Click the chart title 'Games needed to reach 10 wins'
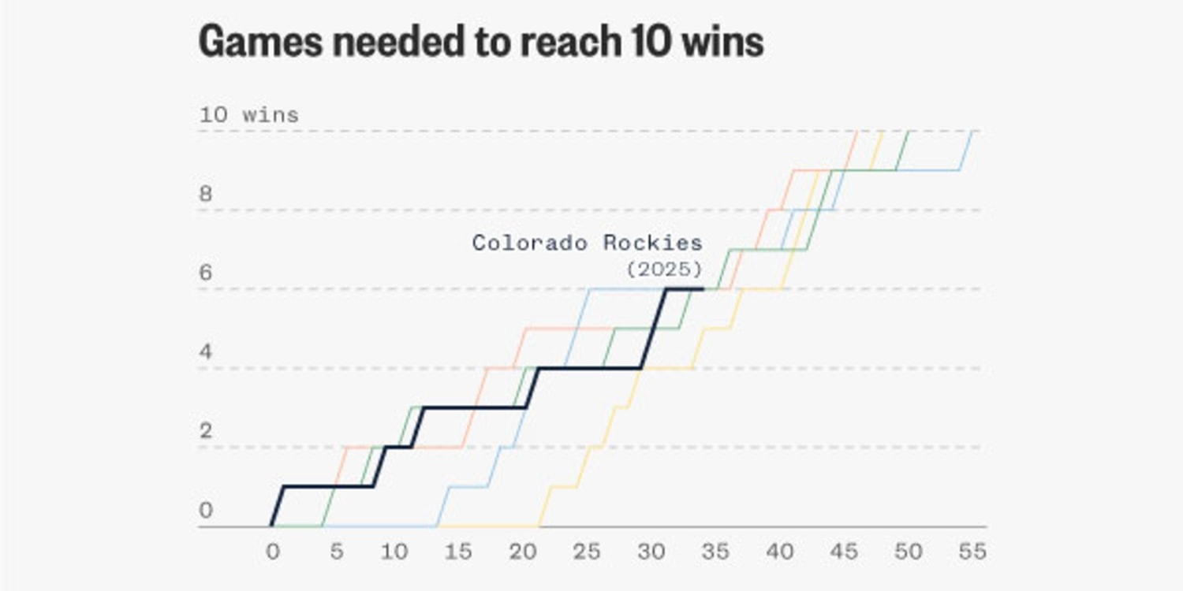pos(481,43)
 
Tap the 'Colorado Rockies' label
pos(587,243)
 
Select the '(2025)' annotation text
pos(664,269)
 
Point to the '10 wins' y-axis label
pos(248,115)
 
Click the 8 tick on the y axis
pos(206,195)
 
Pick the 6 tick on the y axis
pos(206,273)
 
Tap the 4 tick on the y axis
pos(206,352)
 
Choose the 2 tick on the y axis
pos(206,432)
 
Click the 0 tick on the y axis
pos(206,511)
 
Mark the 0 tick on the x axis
pos(272,552)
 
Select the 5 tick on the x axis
pos(336,552)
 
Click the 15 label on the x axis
pos(457,552)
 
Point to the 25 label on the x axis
pos(586,552)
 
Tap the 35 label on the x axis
pos(715,552)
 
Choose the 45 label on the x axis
pos(843,552)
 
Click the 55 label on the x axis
pos(972,552)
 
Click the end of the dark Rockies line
pos(703,289)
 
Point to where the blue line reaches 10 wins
pos(972,131)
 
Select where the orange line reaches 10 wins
pos(857,131)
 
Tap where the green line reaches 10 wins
pos(909,131)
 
